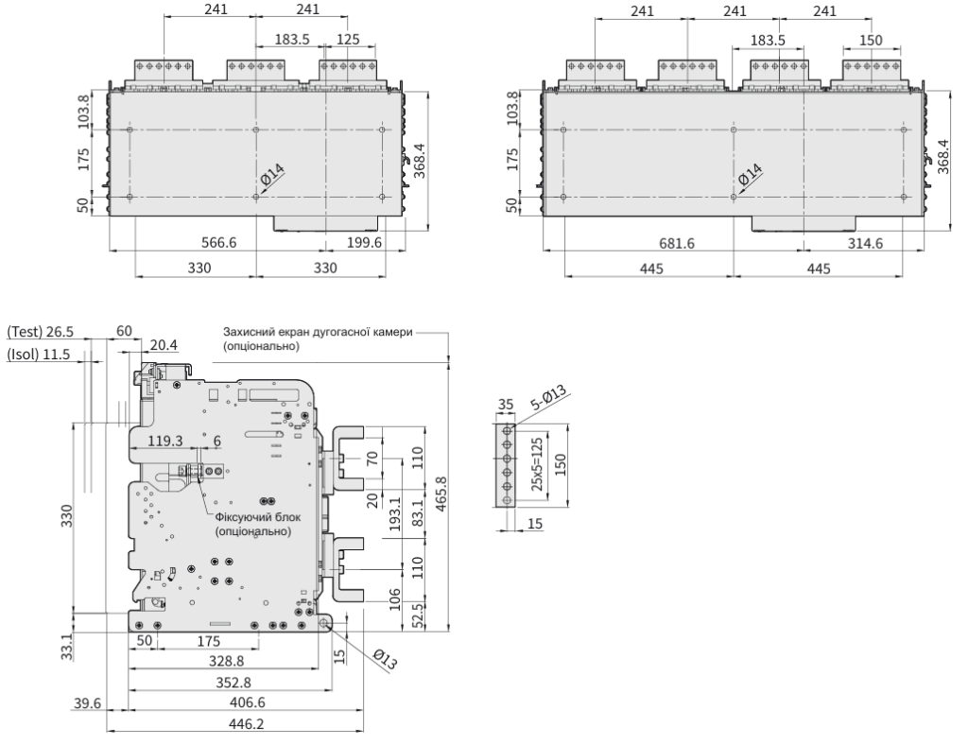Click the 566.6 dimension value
(x=219, y=243)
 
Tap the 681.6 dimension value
(x=676, y=244)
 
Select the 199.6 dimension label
(x=364, y=243)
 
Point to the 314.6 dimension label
(x=865, y=244)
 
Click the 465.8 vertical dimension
(x=441, y=494)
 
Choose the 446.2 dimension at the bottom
(x=247, y=723)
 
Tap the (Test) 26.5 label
(x=40, y=332)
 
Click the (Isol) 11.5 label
(x=38, y=355)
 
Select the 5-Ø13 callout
(x=549, y=398)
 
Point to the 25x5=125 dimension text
(x=537, y=465)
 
